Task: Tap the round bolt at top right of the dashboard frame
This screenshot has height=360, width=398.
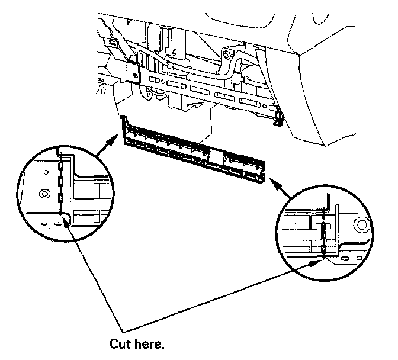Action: click(225, 56)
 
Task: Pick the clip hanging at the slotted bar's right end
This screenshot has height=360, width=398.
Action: click(277, 118)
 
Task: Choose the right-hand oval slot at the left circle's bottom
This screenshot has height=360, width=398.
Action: click(57, 224)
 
